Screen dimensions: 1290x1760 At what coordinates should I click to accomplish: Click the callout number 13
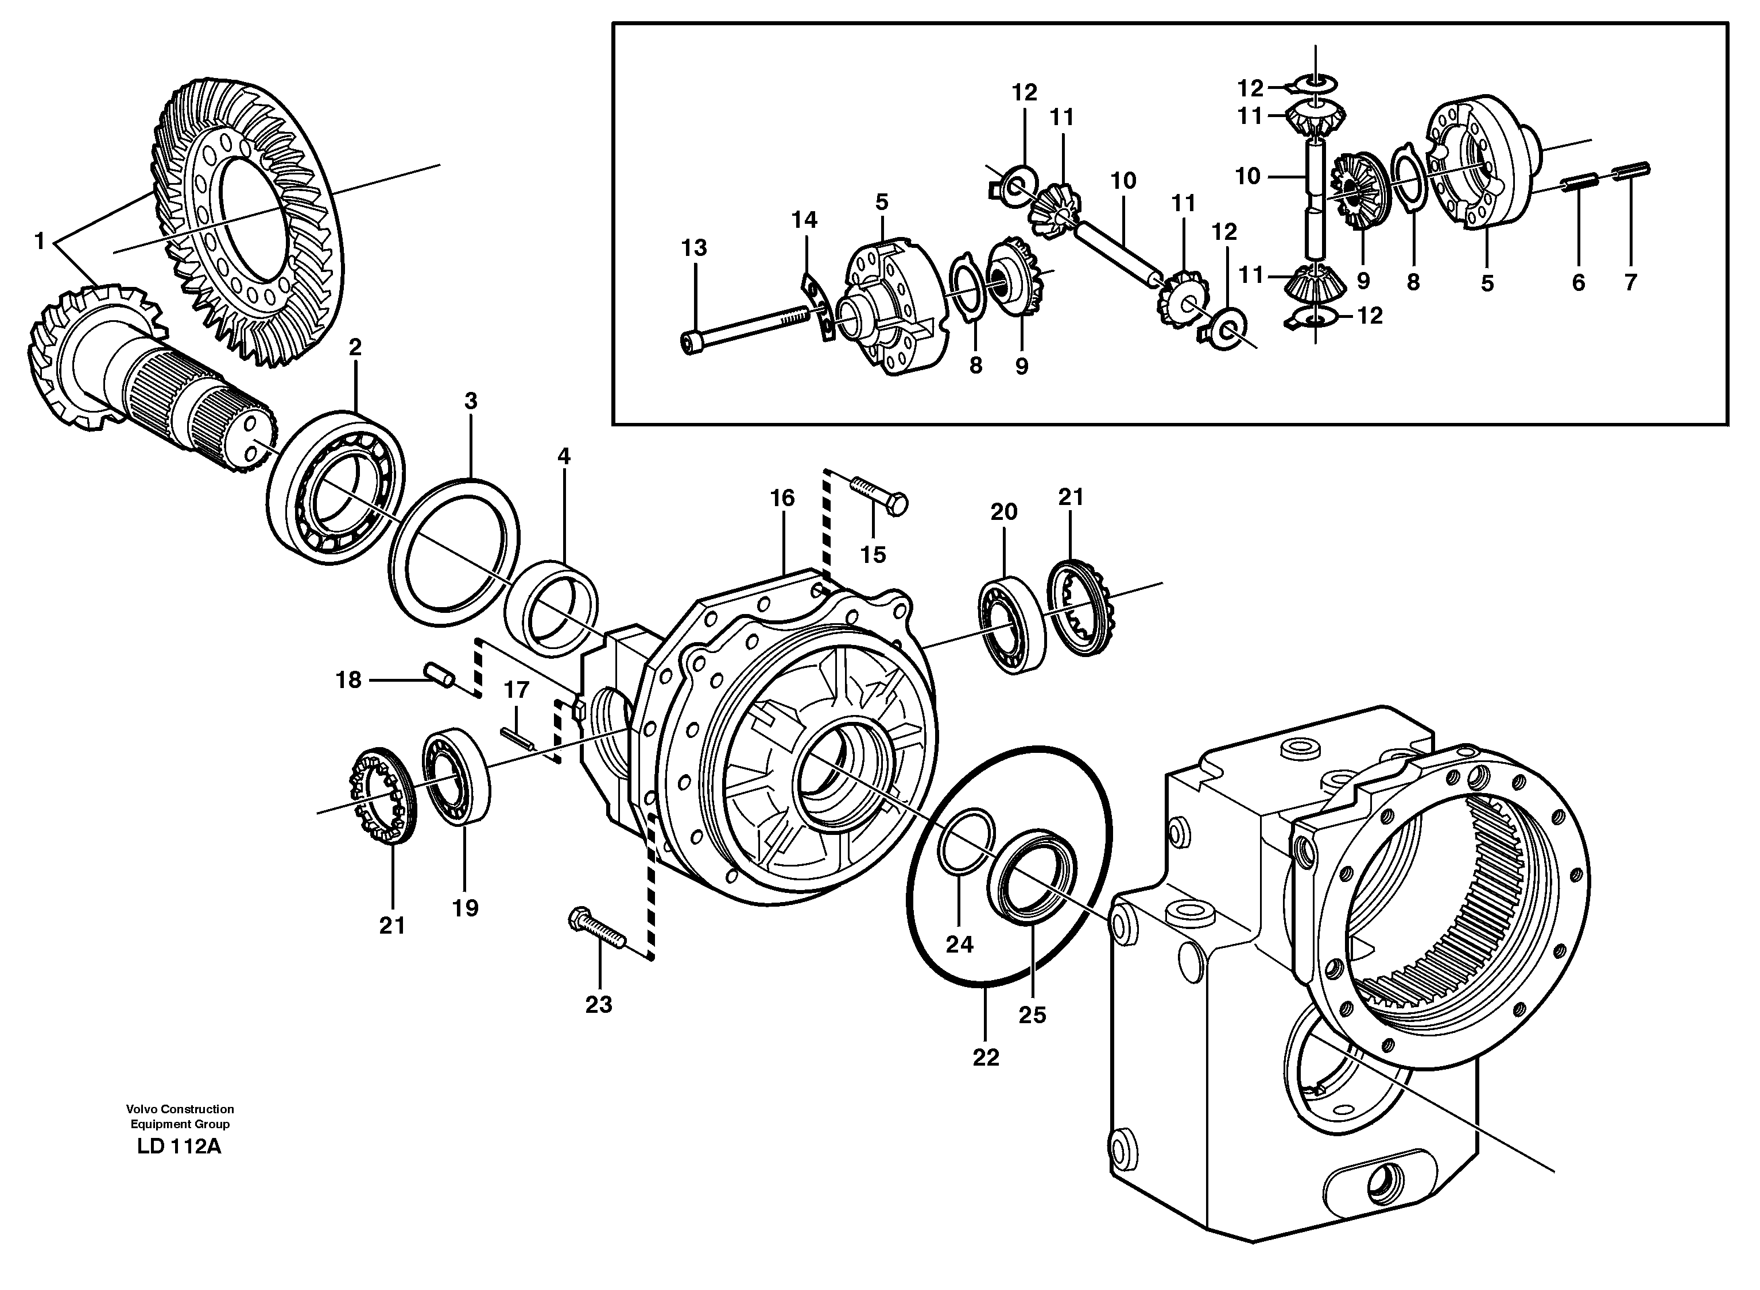[x=693, y=248]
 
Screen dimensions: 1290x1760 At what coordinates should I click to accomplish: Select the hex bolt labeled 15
[x=879, y=495]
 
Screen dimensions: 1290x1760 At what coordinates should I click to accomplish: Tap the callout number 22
[x=986, y=1057]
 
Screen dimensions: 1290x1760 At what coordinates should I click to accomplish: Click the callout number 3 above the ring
[x=470, y=401]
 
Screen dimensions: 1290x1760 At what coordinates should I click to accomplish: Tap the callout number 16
[x=782, y=498]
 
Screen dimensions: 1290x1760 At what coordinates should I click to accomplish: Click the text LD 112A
[x=179, y=1147]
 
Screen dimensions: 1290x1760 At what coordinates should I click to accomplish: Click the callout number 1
[x=40, y=241]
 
